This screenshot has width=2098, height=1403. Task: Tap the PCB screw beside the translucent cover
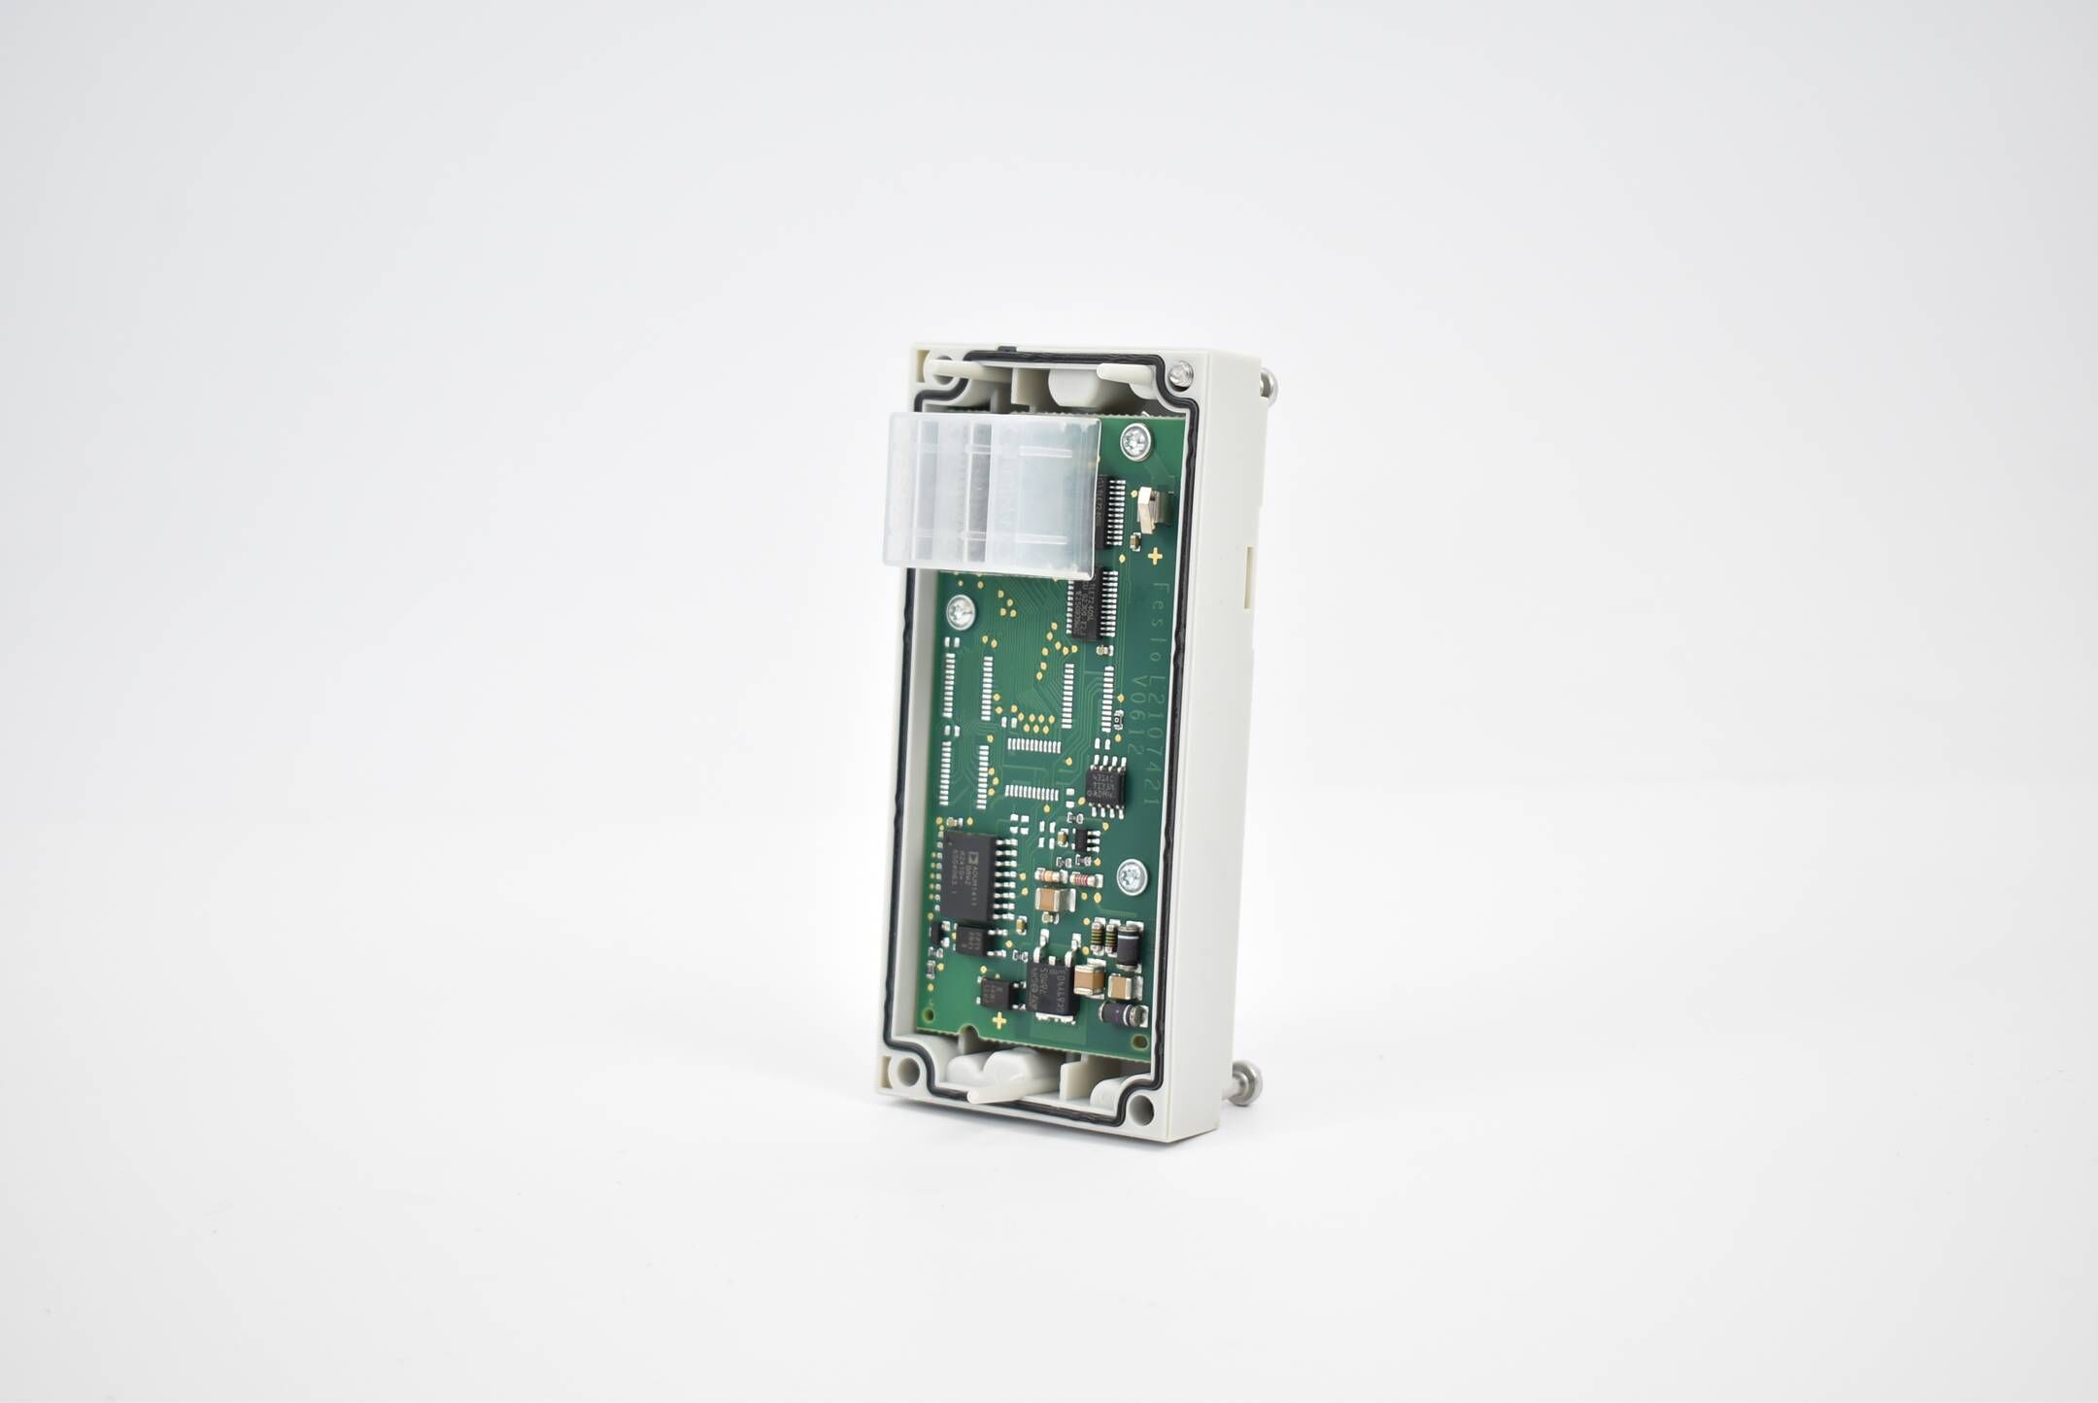tap(1133, 443)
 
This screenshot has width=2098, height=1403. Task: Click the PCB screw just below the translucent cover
tap(963, 613)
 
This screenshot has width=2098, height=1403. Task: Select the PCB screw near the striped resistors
tap(1130, 878)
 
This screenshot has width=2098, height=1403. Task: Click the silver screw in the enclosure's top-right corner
tap(1180, 370)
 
